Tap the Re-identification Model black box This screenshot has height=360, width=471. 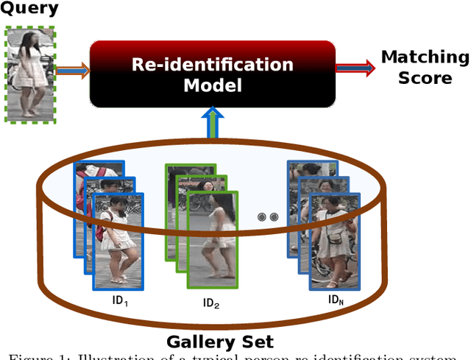(x=212, y=74)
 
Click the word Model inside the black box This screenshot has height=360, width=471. (x=212, y=85)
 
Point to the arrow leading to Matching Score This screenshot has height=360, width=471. (x=355, y=68)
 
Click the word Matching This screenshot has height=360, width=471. (x=425, y=57)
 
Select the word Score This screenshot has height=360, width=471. (x=425, y=77)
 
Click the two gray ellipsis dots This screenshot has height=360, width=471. (x=268, y=217)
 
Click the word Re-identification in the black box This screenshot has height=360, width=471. (x=212, y=64)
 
